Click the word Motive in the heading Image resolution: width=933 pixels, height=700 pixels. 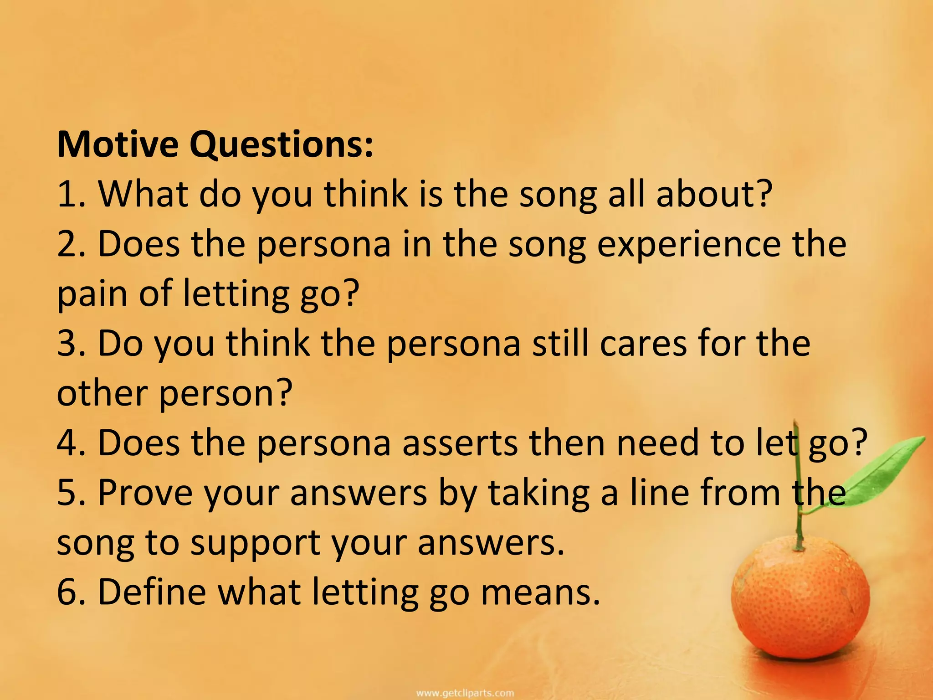click(117, 144)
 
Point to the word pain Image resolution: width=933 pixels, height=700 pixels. click(92, 295)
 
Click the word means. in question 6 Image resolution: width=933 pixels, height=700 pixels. click(540, 593)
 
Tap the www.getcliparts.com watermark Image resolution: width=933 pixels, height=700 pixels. click(465, 693)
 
